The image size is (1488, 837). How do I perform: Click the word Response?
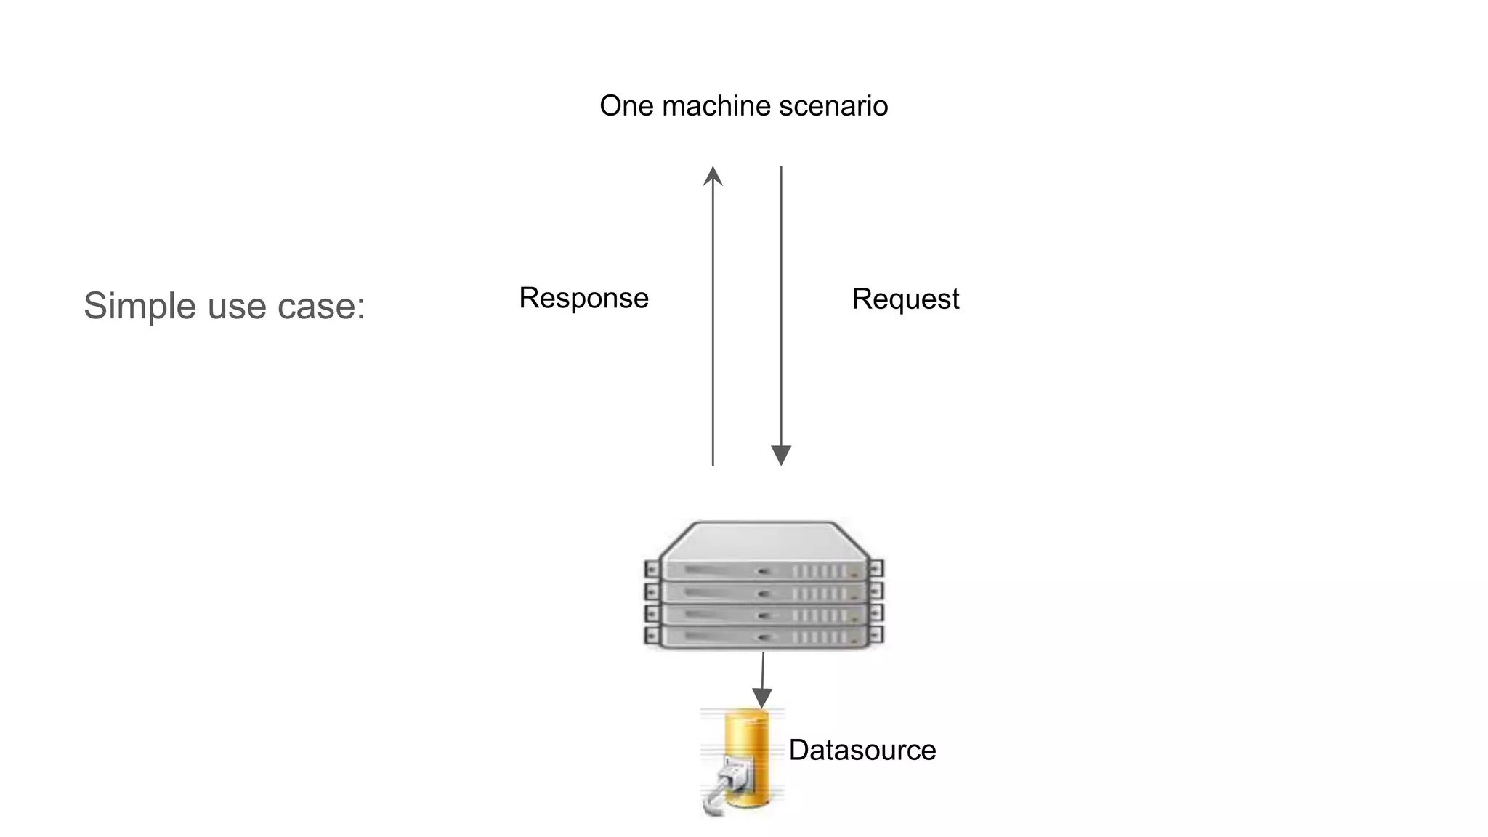click(x=583, y=298)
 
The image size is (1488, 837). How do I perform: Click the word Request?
click(x=905, y=299)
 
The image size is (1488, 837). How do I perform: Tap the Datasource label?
click(x=862, y=750)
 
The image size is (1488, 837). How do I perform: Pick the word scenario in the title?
click(x=833, y=106)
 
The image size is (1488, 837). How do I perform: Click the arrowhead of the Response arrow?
click(x=713, y=177)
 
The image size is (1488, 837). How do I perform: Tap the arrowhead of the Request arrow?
click(x=781, y=456)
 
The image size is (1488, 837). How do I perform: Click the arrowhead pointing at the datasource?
click(x=761, y=698)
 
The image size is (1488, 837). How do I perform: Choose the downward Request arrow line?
click(x=781, y=305)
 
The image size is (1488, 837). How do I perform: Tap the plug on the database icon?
click(x=727, y=781)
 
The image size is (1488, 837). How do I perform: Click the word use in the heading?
click(x=236, y=305)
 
